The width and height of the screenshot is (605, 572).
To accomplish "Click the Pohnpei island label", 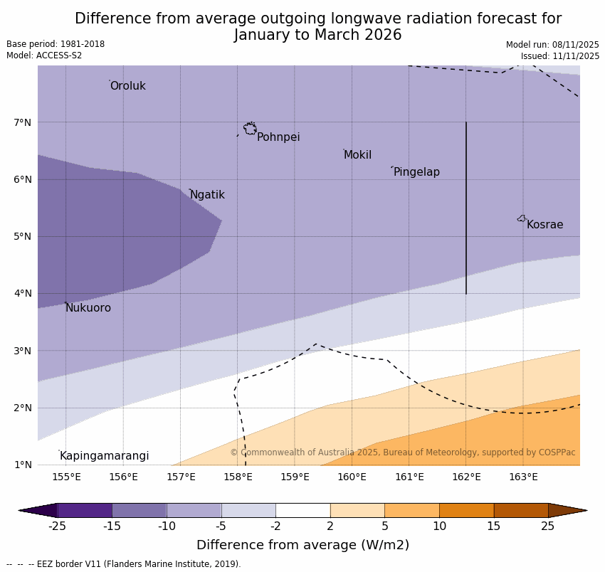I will [x=278, y=137].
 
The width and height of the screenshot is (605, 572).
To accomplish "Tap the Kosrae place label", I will [x=544, y=225].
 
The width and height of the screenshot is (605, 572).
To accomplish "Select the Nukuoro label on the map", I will [x=88, y=308].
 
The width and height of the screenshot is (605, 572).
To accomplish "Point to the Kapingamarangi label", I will [x=105, y=456].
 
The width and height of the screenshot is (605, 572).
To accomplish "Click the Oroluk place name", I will [x=128, y=86].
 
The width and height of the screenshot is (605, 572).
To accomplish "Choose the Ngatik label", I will [x=207, y=195].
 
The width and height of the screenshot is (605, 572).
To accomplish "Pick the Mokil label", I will [x=357, y=155].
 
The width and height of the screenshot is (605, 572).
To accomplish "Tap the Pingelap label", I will [x=416, y=172].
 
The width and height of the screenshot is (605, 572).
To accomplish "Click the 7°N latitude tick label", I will [x=23, y=122].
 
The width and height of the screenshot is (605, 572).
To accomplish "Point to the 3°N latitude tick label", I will [x=23, y=351].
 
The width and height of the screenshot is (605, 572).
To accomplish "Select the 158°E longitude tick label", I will [x=238, y=477].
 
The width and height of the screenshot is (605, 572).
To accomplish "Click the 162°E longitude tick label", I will [x=466, y=477].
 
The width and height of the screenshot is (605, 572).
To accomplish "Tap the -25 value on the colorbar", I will [x=57, y=526].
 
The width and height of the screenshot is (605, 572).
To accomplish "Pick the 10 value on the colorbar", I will [x=439, y=526].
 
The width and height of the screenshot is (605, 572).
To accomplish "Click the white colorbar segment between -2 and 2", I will [x=302, y=510].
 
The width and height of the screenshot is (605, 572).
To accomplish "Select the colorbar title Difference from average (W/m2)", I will [x=302, y=546].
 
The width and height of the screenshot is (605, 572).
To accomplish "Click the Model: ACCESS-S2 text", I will [x=44, y=55].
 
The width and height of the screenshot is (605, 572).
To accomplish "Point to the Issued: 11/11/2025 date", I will [x=559, y=56].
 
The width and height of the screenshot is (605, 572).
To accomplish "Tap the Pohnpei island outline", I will [x=250, y=129].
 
